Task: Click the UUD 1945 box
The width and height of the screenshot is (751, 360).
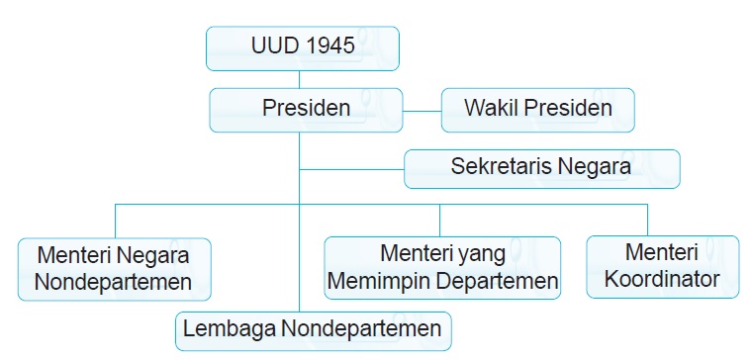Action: click(x=302, y=47)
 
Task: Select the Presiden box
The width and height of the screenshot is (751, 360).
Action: click(x=306, y=109)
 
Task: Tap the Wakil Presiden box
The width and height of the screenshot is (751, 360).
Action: click(x=537, y=109)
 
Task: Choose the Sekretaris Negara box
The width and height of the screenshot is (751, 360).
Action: click(x=541, y=167)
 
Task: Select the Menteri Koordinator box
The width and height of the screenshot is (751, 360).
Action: click(x=662, y=265)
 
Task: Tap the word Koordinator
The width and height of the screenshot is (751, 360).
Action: click(x=662, y=279)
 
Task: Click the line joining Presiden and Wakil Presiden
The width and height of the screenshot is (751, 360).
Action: click(x=421, y=110)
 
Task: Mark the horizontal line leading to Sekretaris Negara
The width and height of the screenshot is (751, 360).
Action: click(x=352, y=169)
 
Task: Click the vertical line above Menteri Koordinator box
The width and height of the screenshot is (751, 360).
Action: click(x=647, y=219)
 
